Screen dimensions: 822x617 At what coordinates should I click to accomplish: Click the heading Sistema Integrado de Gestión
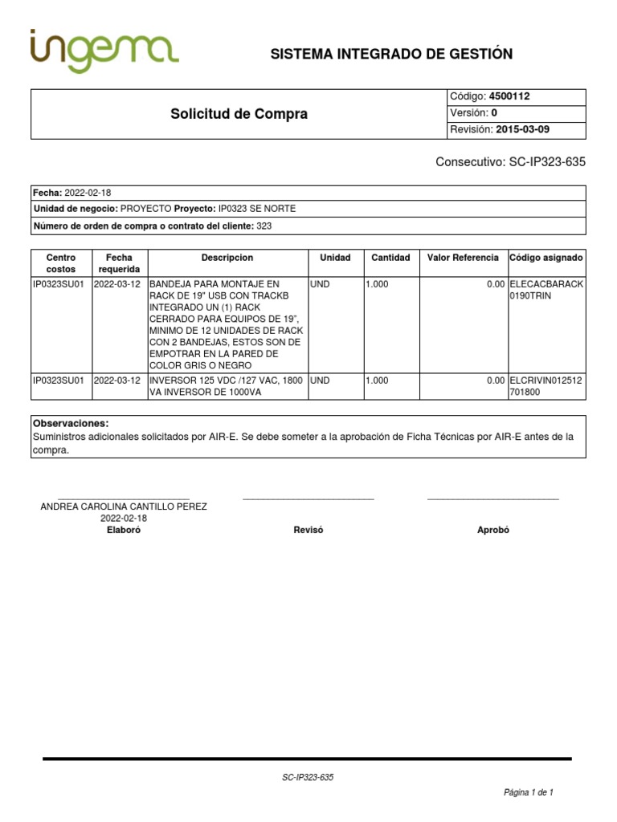click(391, 54)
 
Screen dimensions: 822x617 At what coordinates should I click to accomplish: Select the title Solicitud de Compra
click(239, 114)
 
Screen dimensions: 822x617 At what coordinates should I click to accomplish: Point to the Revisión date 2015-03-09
click(523, 130)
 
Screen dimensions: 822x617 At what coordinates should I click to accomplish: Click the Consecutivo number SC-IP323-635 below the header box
click(547, 161)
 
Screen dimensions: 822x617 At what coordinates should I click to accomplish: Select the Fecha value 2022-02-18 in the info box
click(87, 193)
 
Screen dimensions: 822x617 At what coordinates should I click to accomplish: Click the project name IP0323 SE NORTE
click(257, 209)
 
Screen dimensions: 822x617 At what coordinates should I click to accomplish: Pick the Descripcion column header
click(227, 258)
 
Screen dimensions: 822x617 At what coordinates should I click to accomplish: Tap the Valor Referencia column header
click(463, 258)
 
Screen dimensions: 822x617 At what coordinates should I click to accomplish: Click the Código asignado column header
click(546, 258)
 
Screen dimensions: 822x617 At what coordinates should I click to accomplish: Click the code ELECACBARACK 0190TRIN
click(546, 290)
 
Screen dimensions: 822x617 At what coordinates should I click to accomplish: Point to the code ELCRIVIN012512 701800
click(546, 387)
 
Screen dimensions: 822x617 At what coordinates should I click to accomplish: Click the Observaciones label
click(71, 423)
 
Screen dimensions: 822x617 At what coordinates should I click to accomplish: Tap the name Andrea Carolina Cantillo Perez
click(124, 507)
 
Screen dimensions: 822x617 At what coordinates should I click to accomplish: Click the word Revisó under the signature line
click(308, 531)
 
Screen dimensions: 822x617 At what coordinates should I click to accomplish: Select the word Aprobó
click(493, 531)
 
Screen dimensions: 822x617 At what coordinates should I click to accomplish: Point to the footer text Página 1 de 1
click(528, 792)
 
